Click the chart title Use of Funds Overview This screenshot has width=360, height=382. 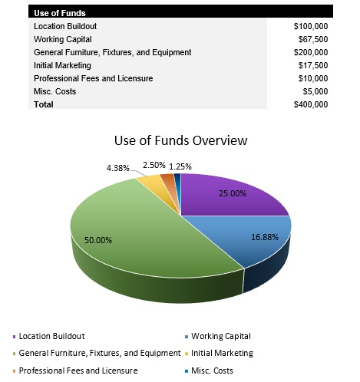(x=180, y=140)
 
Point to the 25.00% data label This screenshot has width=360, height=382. (x=233, y=193)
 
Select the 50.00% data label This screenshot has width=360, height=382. (x=98, y=240)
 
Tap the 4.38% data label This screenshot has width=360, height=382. (x=117, y=167)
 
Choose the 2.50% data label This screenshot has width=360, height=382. (x=154, y=165)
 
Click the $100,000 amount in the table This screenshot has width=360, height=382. (x=311, y=26)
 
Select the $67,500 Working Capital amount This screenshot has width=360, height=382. (x=313, y=39)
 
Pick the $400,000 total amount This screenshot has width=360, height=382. (x=311, y=104)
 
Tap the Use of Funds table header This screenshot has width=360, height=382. (x=60, y=13)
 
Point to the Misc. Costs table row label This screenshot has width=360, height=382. (x=54, y=91)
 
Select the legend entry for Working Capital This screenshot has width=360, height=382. (x=220, y=336)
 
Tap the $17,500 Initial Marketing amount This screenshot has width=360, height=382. (x=313, y=65)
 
